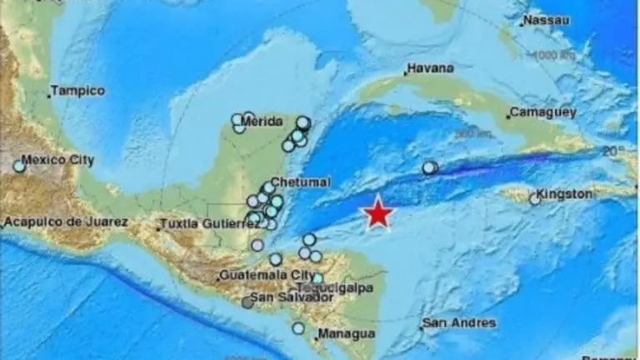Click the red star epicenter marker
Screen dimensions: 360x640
point(379,213)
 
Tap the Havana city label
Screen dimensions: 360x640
point(431,67)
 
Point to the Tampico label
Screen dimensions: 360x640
point(77,91)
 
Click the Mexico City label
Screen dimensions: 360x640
point(57,159)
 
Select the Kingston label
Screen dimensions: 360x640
point(565,194)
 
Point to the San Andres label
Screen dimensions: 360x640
point(458,323)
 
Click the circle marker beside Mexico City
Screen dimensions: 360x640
point(19,167)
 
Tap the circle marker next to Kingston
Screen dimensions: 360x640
point(535,199)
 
